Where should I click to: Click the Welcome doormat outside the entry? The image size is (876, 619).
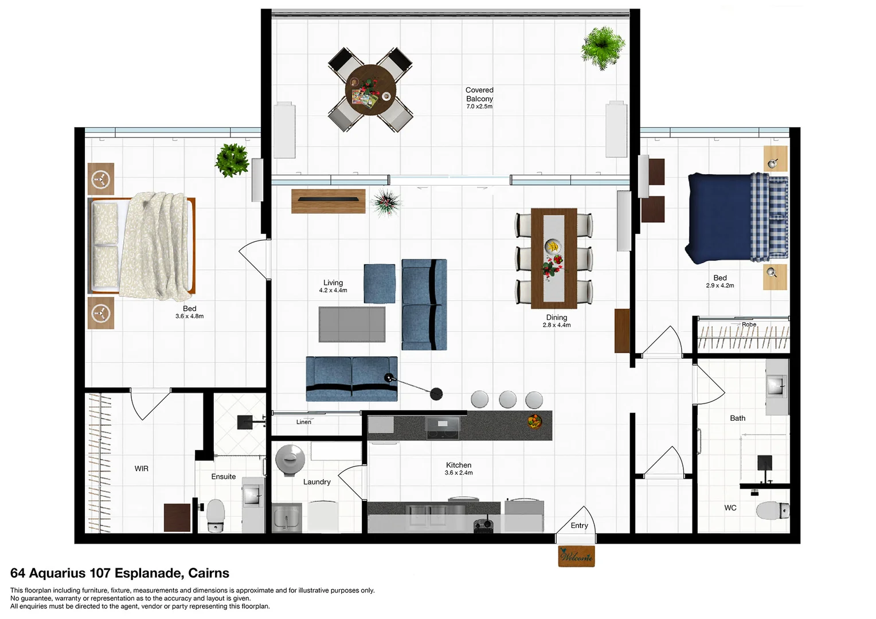(x=576, y=556)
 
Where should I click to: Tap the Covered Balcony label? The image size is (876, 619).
(x=479, y=95)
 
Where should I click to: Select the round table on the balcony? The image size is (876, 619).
(x=370, y=90)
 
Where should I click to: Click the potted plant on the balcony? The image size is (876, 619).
(x=602, y=48)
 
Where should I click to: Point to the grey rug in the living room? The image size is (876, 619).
(x=352, y=324)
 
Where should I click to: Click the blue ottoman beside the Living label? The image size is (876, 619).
(x=380, y=284)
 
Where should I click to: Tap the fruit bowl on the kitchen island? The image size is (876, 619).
(x=534, y=422)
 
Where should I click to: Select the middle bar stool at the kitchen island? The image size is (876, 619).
(x=507, y=399)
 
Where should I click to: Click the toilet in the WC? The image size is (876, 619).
(x=772, y=510)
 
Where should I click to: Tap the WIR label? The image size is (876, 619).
(x=142, y=469)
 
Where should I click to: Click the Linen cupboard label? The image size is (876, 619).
(x=304, y=422)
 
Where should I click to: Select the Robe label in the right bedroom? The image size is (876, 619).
(x=749, y=324)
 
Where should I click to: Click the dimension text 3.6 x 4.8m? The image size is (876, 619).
(x=189, y=316)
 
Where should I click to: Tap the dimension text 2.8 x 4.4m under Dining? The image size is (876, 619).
(x=556, y=325)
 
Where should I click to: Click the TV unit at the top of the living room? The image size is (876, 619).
(x=328, y=201)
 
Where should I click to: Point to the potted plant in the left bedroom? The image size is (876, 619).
(x=232, y=160)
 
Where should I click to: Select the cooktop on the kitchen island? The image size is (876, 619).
(x=442, y=427)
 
